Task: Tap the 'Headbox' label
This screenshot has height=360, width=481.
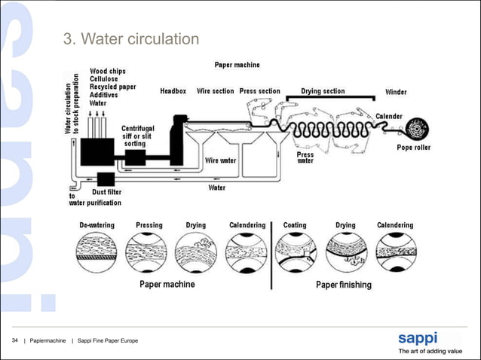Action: pos(173,91)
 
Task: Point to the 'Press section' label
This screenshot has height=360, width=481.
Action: pos(259,91)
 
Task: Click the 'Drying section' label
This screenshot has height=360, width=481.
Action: pos(323,91)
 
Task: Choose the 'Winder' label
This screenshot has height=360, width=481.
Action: pos(396,92)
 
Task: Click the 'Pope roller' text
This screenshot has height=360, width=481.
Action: pos(414,148)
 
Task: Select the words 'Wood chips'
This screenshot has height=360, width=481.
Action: pos(108,71)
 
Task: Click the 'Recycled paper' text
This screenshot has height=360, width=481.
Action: pos(113,87)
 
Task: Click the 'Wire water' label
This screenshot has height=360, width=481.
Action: pos(221,160)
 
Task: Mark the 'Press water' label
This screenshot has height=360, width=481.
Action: pos(305,157)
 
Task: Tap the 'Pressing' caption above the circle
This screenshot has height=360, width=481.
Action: pos(149,225)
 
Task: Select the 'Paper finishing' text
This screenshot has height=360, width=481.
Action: pos(343,285)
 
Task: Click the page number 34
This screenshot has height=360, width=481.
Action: pos(15,343)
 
